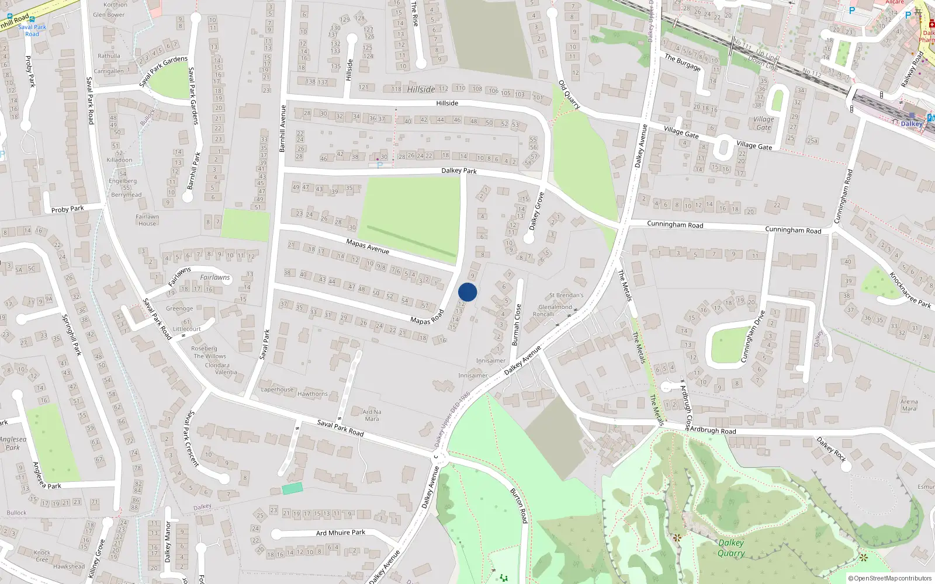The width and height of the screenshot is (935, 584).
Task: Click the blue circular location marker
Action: (x=467, y=292)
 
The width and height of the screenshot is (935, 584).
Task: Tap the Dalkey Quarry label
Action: (x=731, y=548)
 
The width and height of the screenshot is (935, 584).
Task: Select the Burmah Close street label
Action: (x=516, y=325)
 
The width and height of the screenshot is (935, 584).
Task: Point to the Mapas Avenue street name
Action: (x=368, y=246)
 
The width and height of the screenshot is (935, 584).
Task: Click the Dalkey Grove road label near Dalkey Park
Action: (x=536, y=211)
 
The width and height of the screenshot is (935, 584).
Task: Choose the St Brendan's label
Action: (x=566, y=296)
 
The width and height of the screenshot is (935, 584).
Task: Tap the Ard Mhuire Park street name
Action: (x=341, y=533)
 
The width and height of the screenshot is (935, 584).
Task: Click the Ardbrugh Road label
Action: (x=713, y=430)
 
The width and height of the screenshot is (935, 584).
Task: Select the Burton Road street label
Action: (x=519, y=506)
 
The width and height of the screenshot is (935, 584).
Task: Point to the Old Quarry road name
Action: (x=569, y=95)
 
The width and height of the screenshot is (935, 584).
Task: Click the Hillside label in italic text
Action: (x=421, y=89)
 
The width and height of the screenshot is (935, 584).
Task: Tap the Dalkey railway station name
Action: (x=912, y=123)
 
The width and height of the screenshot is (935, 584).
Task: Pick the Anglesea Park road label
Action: (x=47, y=475)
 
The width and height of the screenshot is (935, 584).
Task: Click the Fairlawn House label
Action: (x=147, y=220)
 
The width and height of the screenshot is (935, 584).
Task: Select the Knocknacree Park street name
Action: (x=910, y=290)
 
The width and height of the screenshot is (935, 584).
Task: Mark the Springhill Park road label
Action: (x=71, y=335)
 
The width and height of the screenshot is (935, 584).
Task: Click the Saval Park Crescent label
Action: (x=192, y=437)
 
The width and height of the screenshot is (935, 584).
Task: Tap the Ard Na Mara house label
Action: (x=372, y=415)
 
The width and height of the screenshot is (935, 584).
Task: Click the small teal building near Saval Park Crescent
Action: (x=293, y=488)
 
